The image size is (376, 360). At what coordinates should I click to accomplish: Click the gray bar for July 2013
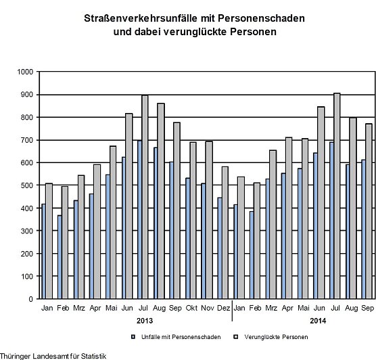[145, 196]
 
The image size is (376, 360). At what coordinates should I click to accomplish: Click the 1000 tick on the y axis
[27, 72]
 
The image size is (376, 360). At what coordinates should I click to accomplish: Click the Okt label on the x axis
[191, 309]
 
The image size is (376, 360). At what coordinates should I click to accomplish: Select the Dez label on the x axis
[224, 309]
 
